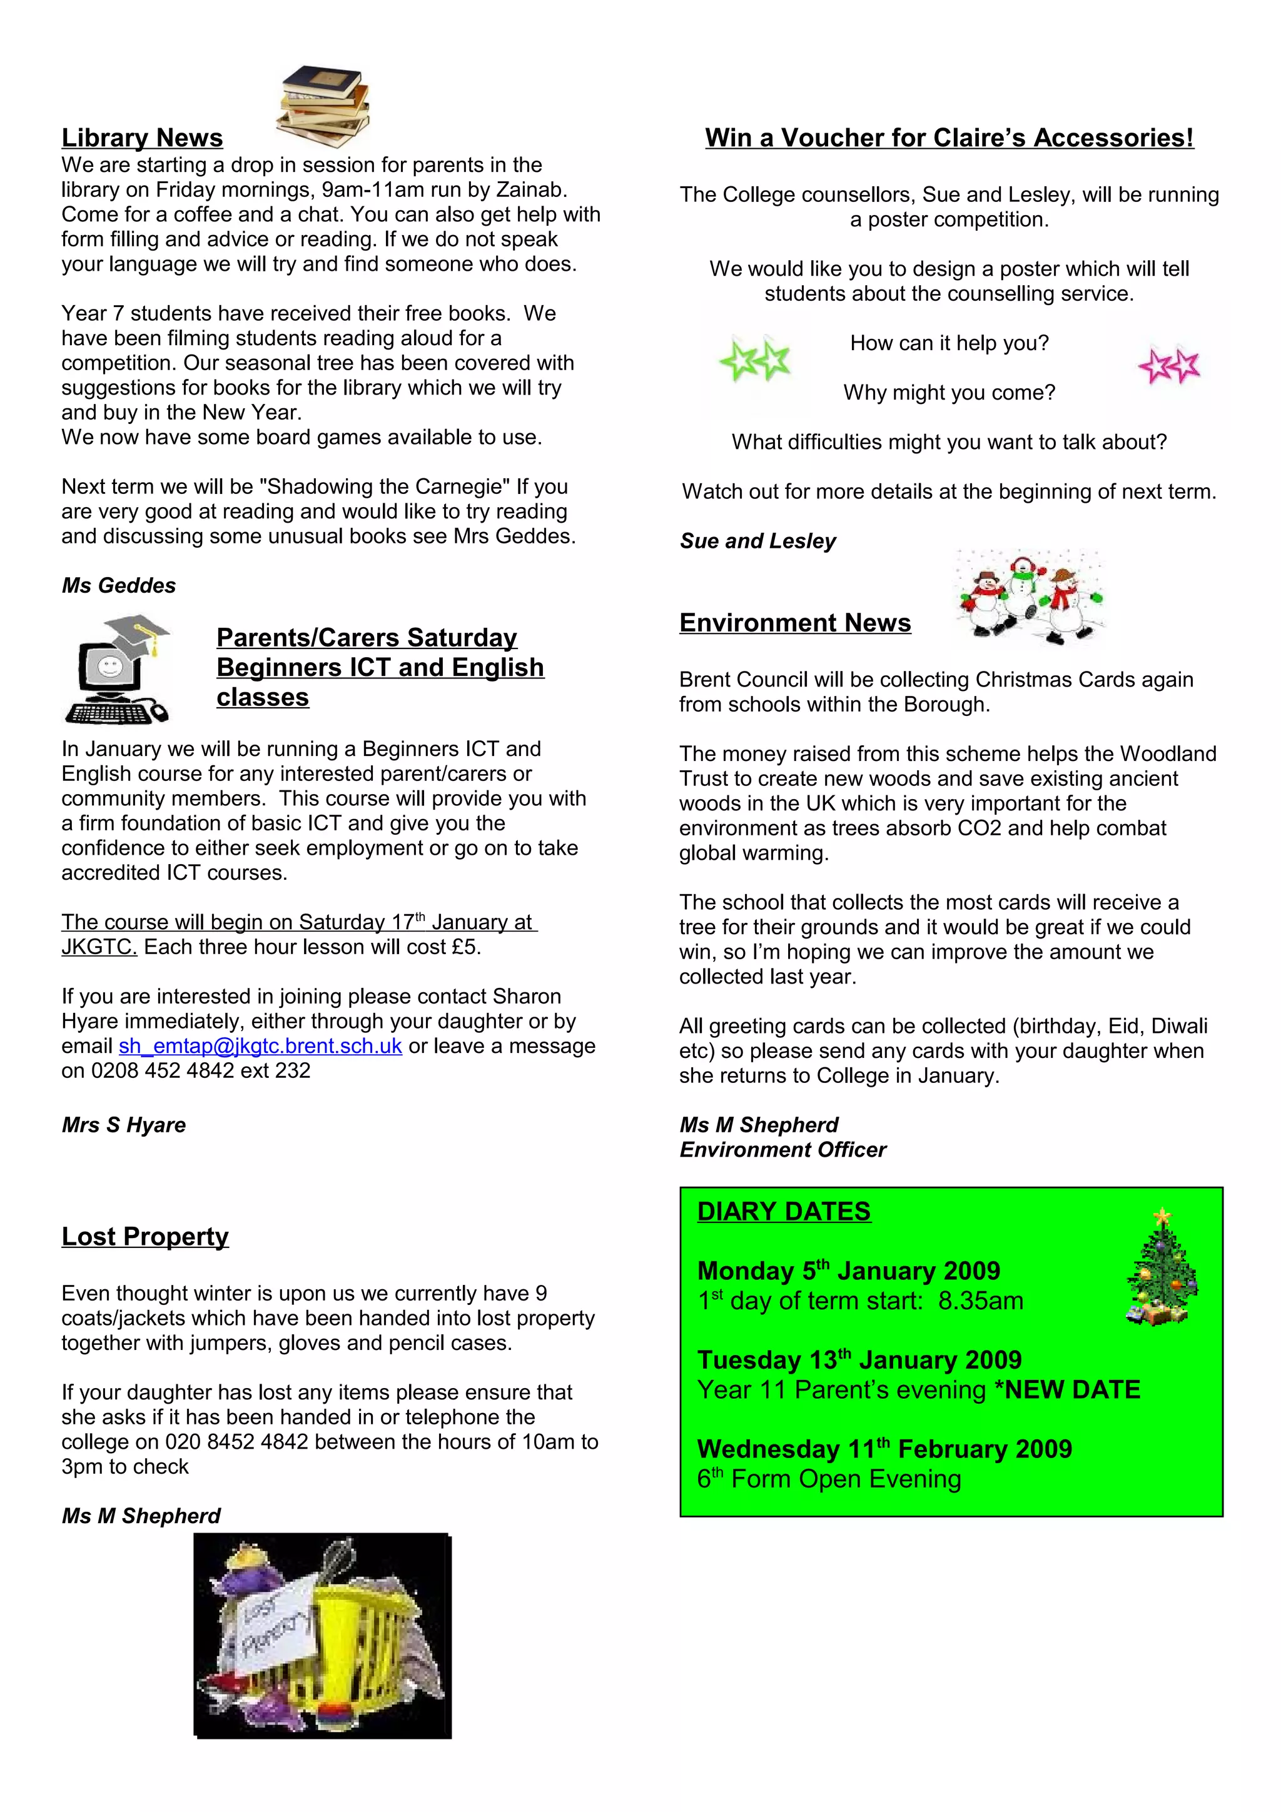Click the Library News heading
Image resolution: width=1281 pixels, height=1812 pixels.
pos(142,138)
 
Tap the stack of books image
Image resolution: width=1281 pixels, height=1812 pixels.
pos(323,106)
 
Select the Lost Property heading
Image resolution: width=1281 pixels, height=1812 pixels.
pos(145,1236)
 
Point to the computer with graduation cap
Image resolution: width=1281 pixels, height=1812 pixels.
pos(117,669)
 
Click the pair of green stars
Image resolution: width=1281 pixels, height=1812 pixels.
pos(754,359)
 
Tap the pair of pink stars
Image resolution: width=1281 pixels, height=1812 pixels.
pos(1169,365)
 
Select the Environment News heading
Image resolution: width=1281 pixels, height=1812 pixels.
pos(795,623)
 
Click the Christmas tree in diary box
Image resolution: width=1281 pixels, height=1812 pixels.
pos(1161,1267)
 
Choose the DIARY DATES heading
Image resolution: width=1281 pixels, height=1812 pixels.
pos(784,1211)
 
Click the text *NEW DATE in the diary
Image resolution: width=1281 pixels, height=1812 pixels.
pos(1067,1390)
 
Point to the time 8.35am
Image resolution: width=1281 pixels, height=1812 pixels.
pos(980,1301)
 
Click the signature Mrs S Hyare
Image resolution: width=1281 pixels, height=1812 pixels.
pos(124,1125)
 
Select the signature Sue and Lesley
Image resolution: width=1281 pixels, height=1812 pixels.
pos(757,541)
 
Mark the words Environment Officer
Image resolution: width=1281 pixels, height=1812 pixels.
pos(783,1150)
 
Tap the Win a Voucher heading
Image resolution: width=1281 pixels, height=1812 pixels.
pos(949,138)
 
